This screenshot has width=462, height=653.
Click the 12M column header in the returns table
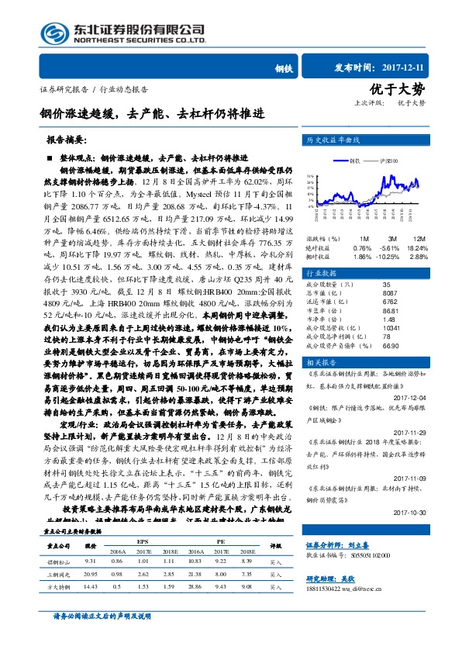(419, 238)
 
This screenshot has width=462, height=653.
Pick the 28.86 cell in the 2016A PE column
(196, 586)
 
